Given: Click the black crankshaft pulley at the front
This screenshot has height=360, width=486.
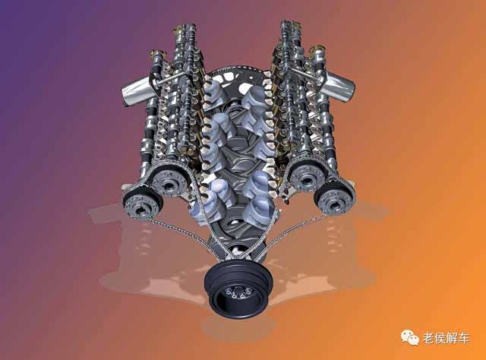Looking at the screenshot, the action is pyautogui.click(x=238, y=289).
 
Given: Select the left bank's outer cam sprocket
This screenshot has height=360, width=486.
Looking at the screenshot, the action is pyautogui.click(x=143, y=204).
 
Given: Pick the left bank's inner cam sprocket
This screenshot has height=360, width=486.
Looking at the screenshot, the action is pyautogui.click(x=169, y=181).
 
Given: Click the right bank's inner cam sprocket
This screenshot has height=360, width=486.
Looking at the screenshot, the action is pyautogui.click(x=307, y=175).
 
